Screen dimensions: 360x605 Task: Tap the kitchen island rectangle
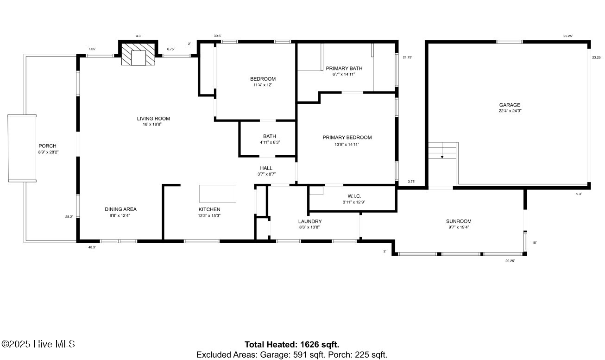click(218, 194)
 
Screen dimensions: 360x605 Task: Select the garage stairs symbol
click(442, 151)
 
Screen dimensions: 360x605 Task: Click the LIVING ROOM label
click(153, 119)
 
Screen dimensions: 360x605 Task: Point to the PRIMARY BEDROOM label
click(347, 138)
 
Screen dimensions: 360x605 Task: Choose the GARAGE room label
click(509, 105)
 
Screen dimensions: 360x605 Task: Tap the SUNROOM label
click(458, 221)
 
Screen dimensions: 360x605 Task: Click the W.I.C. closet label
click(354, 196)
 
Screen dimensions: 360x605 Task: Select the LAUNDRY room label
click(310, 221)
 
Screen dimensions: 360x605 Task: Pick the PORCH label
click(47, 146)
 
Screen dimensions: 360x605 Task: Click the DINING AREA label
click(120, 209)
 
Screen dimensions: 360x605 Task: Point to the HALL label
click(266, 168)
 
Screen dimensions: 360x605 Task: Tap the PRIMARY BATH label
click(344, 69)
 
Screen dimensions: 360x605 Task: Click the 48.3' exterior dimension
click(93, 247)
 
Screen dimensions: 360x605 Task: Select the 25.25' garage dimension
click(568, 36)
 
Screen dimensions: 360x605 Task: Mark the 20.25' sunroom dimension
click(510, 261)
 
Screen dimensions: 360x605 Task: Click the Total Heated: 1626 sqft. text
click(292, 345)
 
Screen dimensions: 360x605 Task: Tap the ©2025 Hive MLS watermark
click(38, 344)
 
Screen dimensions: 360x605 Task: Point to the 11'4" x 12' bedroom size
click(263, 85)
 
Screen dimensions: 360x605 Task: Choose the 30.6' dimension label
click(217, 36)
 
